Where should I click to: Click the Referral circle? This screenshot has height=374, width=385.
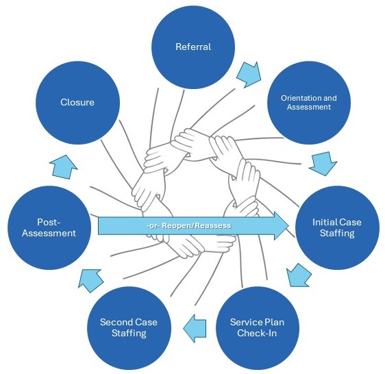[193, 47]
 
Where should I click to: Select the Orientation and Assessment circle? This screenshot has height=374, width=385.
[309, 103]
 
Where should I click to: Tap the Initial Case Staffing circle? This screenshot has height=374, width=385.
[337, 227]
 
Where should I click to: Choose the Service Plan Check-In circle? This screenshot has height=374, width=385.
[258, 328]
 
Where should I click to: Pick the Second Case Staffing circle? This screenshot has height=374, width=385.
[129, 328]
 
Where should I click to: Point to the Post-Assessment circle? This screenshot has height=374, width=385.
[49, 227]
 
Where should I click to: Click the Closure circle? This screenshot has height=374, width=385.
[77, 103]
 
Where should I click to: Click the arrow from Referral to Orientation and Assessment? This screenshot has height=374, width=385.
[249, 75]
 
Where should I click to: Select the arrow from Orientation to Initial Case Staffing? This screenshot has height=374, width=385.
[323, 164]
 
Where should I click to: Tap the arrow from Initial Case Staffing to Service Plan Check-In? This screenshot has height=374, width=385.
[299, 275]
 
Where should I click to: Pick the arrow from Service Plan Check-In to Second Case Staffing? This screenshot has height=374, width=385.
[195, 328]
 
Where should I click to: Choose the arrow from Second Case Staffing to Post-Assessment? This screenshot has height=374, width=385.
[90, 281]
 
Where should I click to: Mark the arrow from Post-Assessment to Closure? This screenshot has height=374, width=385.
[64, 167]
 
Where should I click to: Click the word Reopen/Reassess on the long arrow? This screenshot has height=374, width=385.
[197, 225]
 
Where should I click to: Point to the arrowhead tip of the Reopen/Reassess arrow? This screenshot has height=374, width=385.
[289, 225]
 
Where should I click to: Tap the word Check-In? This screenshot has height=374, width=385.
[257, 333]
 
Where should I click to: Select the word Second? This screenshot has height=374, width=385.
[115, 322]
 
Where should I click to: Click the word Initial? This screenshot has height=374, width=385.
[323, 222]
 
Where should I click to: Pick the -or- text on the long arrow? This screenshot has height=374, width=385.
[153, 225]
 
